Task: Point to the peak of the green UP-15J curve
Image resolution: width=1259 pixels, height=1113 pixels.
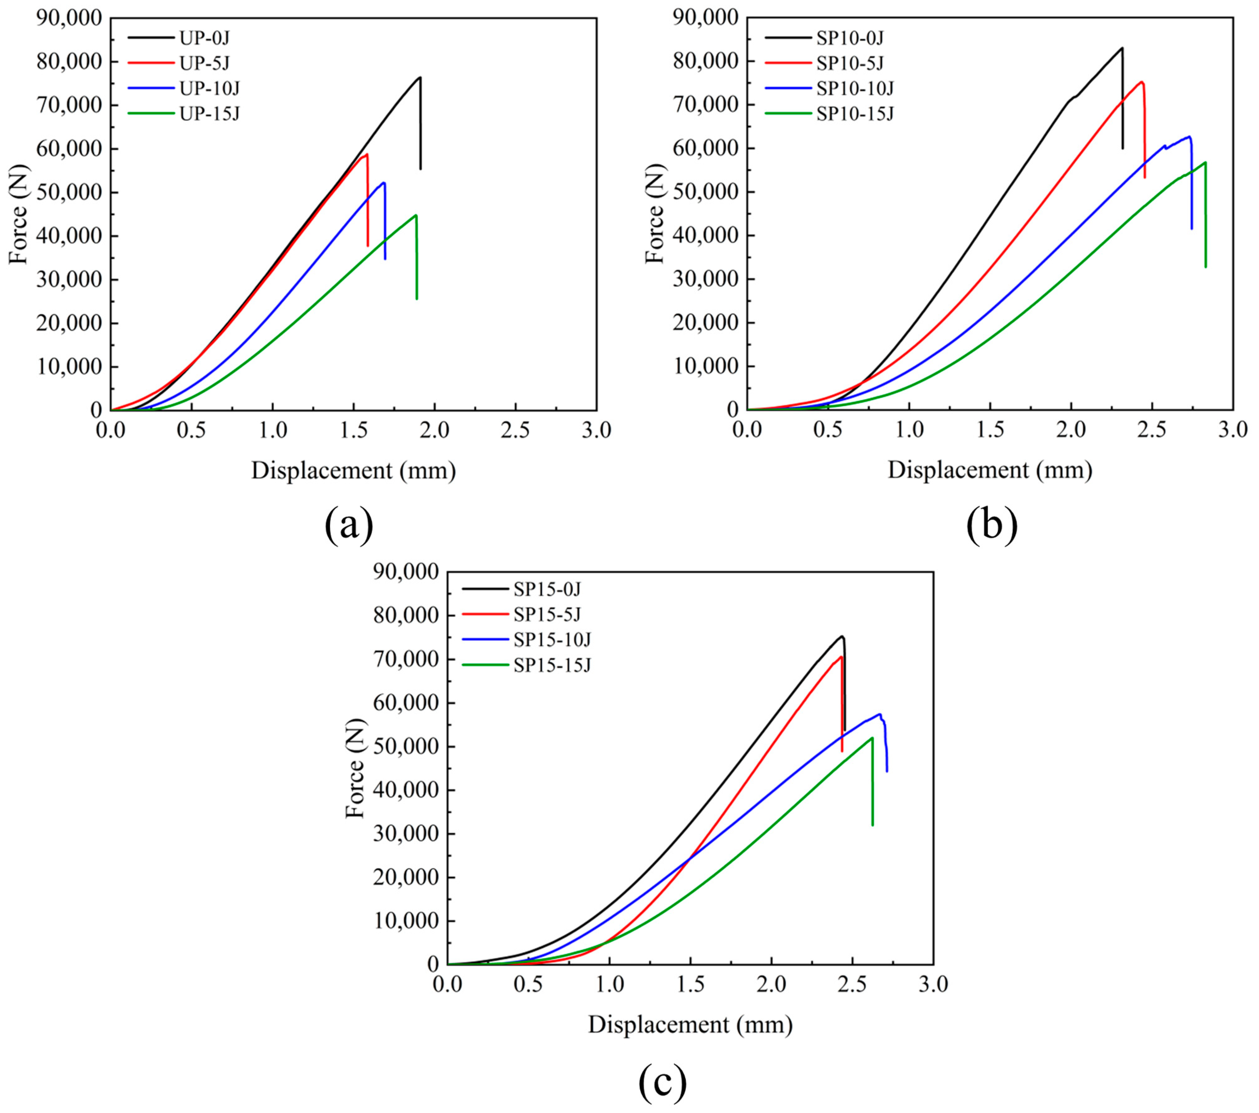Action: click(x=416, y=215)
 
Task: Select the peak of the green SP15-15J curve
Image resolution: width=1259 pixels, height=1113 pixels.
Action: click(x=872, y=738)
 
